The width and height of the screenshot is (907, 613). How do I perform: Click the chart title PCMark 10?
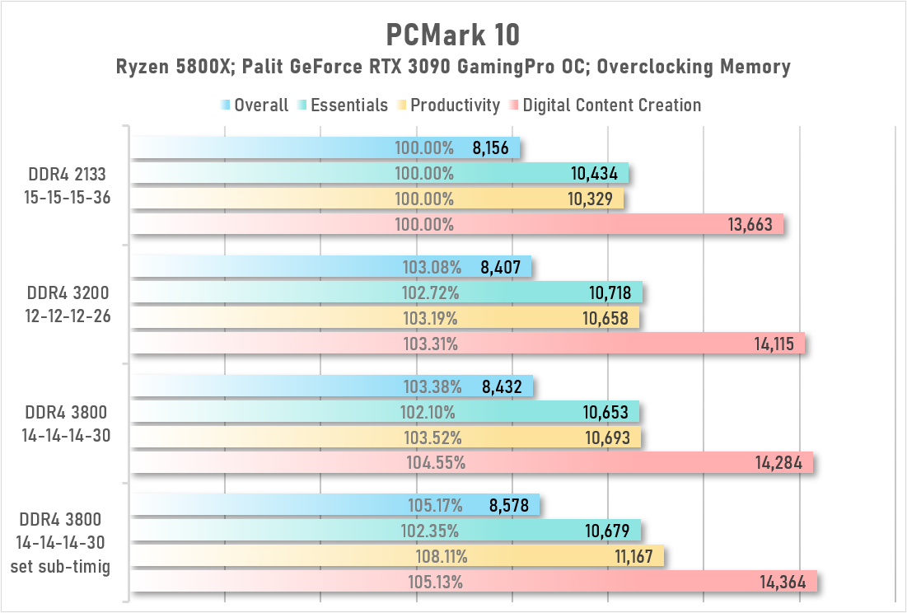click(453, 35)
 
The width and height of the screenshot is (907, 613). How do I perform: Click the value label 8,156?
click(492, 149)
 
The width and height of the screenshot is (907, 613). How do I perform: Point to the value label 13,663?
click(755, 224)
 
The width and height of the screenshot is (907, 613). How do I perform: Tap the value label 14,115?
click(774, 344)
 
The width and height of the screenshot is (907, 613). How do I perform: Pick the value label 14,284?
click(783, 462)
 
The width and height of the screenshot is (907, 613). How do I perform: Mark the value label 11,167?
click(634, 557)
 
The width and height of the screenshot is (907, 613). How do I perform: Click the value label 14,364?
click(787, 582)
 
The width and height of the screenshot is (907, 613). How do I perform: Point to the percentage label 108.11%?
click(434, 557)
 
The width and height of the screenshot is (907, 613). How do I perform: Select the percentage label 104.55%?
click(436, 462)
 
